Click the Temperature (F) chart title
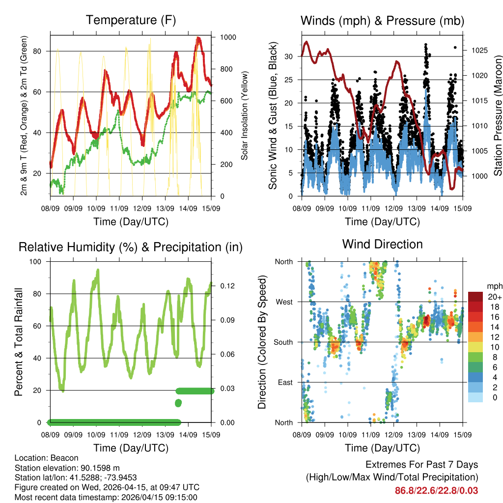131,20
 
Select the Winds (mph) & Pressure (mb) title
382,21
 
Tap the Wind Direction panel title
382,244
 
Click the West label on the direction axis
284,302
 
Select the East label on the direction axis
284,382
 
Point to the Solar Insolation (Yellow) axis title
245,115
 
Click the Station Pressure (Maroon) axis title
497,115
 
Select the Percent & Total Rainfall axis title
19,342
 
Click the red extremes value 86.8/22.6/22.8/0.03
436,490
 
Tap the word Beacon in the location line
61,458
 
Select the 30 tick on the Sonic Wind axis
290,56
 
